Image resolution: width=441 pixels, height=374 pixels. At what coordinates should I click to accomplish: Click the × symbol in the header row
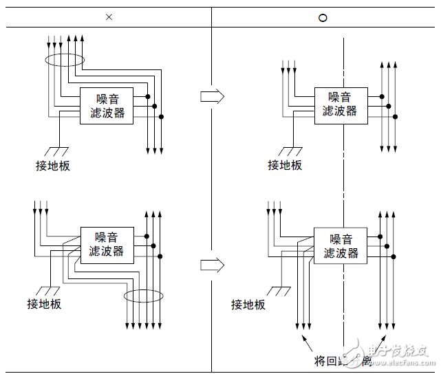[108, 16]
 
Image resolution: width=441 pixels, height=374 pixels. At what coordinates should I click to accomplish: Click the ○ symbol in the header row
[322, 17]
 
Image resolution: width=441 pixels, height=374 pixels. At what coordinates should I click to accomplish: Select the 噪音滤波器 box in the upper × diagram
[107, 106]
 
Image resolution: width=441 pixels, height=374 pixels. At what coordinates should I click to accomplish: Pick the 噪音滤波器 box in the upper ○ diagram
[341, 104]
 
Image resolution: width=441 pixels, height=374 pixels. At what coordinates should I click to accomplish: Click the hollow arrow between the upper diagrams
[212, 96]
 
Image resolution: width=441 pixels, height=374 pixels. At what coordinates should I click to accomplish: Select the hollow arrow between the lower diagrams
[212, 264]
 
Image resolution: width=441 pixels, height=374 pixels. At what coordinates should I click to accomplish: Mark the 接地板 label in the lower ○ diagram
[248, 305]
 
